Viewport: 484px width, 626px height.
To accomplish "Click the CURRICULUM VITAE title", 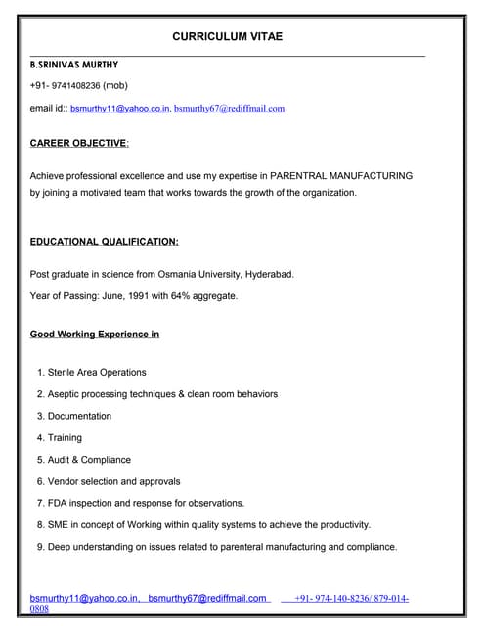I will (228, 36).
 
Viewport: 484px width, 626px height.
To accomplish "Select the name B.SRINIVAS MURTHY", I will (74, 64).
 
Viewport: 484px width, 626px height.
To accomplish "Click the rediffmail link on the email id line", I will (229, 108).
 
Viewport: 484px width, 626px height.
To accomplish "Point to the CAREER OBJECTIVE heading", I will (78, 143).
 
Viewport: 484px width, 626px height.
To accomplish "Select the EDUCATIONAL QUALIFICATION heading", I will (104, 241).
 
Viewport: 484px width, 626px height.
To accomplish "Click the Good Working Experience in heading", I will (95, 334).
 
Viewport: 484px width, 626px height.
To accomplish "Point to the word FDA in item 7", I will (58, 503).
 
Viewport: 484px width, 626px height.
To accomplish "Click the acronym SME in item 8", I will (59, 524).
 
